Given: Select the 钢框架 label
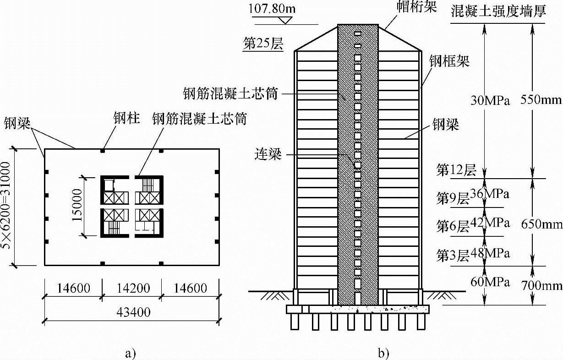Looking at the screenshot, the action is [x=449, y=61].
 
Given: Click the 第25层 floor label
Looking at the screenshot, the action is [x=262, y=44].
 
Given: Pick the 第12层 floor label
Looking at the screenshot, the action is [x=456, y=170].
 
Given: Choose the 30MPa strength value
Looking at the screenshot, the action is [x=490, y=101].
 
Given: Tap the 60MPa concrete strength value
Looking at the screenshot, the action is [x=490, y=282].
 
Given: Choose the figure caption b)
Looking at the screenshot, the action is [x=383, y=353].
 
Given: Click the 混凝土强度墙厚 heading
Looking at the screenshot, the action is [x=498, y=11].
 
